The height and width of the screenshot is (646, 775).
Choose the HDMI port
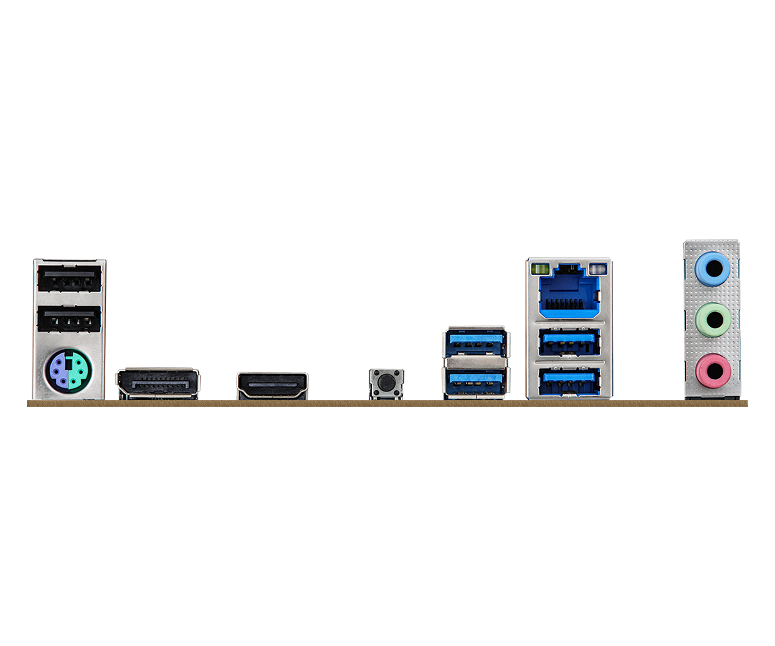point(272,385)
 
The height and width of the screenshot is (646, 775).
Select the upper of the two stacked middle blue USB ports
point(475,344)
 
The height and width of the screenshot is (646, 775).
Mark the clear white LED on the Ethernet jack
point(598,266)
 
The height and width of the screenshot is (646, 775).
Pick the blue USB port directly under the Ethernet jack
point(568,342)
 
